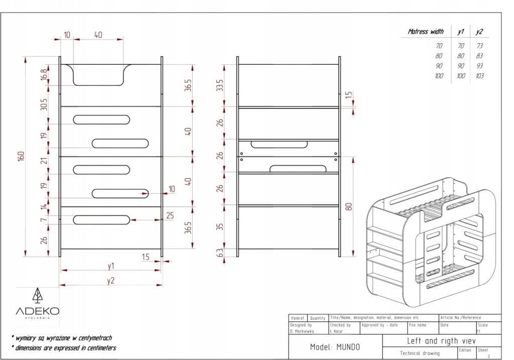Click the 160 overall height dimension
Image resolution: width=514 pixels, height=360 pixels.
coord(21,156)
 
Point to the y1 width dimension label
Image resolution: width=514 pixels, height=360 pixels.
coord(110,265)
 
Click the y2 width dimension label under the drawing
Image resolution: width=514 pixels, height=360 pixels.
coord(110,280)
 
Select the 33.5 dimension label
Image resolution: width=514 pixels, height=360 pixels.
coord(219,85)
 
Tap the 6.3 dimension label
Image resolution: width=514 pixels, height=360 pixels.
coord(219,253)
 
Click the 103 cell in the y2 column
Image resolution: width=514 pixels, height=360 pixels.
coord(479,76)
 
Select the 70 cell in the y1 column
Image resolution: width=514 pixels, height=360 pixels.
coord(460,46)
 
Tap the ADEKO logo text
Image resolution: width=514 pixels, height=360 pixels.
coord(38,311)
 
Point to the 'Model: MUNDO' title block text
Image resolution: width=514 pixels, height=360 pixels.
coord(335,347)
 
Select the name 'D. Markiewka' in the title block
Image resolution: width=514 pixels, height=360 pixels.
coord(301,331)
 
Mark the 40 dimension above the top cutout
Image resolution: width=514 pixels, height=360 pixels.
coord(98,35)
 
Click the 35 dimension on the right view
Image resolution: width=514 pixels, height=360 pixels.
coord(219,226)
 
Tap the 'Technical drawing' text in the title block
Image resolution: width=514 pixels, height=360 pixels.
coord(419,353)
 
